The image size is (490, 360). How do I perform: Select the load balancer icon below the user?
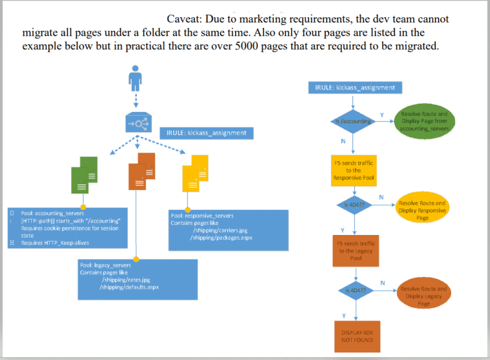pyautogui.click(x=136, y=122)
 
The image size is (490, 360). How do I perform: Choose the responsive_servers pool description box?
pyautogui.click(x=228, y=230)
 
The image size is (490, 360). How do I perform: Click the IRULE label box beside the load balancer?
pyautogui.click(x=206, y=133)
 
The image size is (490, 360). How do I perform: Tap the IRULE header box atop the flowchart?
pyautogui.click(x=355, y=87)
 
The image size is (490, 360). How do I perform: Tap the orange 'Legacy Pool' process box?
pyautogui.click(x=355, y=251)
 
